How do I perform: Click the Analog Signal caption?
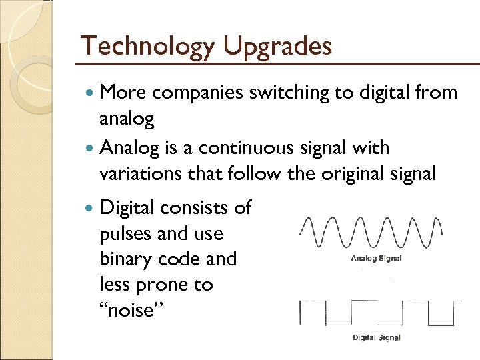377,258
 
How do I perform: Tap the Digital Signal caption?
377,337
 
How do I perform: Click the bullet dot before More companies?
90,94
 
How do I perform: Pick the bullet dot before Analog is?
90,148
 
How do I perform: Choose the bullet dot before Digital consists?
90,209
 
